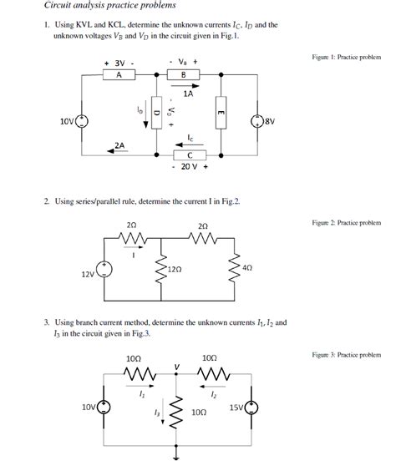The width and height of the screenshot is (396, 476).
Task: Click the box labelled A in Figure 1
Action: coord(119,74)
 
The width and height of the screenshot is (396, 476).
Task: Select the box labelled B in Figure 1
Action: coord(183,74)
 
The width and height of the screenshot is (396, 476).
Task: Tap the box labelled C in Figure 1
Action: coord(190,154)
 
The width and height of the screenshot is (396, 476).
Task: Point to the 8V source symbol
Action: coord(256,120)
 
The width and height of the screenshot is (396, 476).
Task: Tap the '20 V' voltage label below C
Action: coord(190,166)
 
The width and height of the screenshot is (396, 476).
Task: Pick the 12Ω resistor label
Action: coord(174,270)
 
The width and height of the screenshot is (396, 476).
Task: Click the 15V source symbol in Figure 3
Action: coord(249,408)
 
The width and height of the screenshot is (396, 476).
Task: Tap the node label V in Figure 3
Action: coord(176,367)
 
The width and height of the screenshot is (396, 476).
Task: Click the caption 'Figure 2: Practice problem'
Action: coord(346,224)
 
